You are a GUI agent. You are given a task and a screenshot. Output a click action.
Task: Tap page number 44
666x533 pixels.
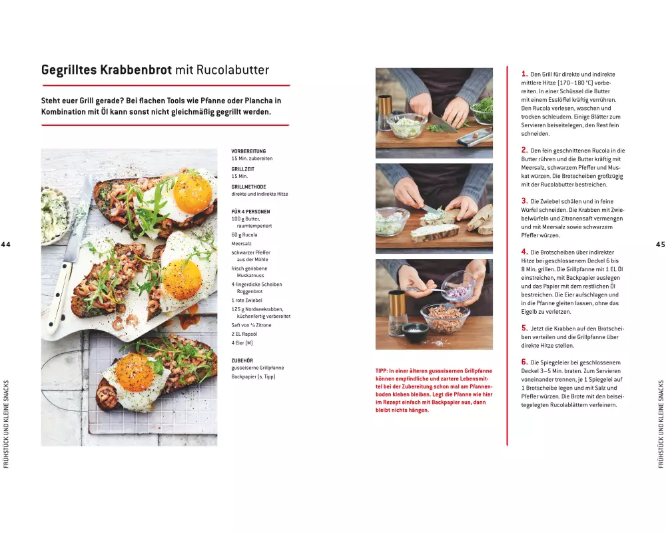tap(5, 245)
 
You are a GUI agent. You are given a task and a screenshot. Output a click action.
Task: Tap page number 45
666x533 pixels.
tap(661, 245)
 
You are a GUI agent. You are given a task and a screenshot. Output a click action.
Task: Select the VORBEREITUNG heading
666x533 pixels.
tap(248, 151)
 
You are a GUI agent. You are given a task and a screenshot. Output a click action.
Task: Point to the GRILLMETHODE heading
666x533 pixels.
tap(248, 187)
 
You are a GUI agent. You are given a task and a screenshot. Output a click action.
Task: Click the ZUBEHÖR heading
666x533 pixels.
tap(242, 360)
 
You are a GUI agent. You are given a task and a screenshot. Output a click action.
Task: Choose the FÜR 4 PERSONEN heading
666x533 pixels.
tap(250, 212)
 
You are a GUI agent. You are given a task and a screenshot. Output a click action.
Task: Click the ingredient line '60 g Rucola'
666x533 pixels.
tap(244, 235)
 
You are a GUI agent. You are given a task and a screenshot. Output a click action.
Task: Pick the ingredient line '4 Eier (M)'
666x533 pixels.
tap(242, 342)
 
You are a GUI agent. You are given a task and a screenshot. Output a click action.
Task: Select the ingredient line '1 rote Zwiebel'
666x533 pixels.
tap(247, 300)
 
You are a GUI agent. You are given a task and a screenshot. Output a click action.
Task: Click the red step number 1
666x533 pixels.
tap(524, 73)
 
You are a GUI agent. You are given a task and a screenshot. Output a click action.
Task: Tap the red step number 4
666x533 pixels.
tap(524, 252)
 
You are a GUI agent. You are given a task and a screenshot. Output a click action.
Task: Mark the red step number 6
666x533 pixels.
tap(524, 362)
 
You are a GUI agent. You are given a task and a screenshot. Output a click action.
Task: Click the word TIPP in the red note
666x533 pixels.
tap(382, 371)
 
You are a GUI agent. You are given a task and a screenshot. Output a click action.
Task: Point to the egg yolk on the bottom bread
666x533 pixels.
tap(135, 373)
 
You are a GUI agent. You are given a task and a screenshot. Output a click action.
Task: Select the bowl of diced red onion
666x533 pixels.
tap(458, 286)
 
